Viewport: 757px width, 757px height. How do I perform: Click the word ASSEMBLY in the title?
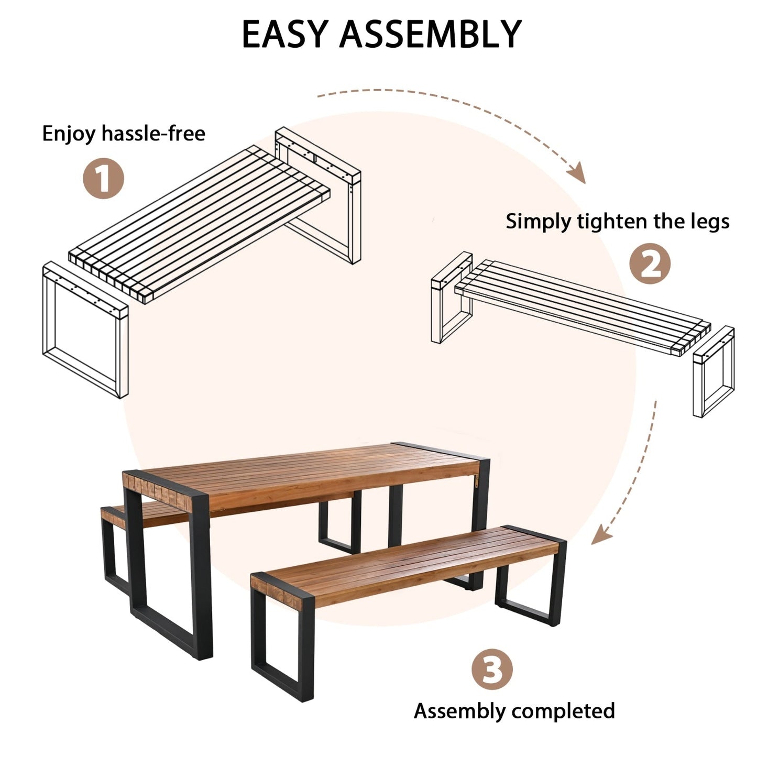(x=430, y=35)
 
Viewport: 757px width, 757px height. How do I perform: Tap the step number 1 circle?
(x=104, y=179)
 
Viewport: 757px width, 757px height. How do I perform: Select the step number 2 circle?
(x=650, y=265)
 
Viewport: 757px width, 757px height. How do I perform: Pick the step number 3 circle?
(x=491, y=669)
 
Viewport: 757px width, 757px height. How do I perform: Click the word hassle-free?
(x=153, y=134)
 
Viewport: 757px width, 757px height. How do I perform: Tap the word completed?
(x=563, y=711)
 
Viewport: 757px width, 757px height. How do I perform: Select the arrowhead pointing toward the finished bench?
(x=601, y=535)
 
